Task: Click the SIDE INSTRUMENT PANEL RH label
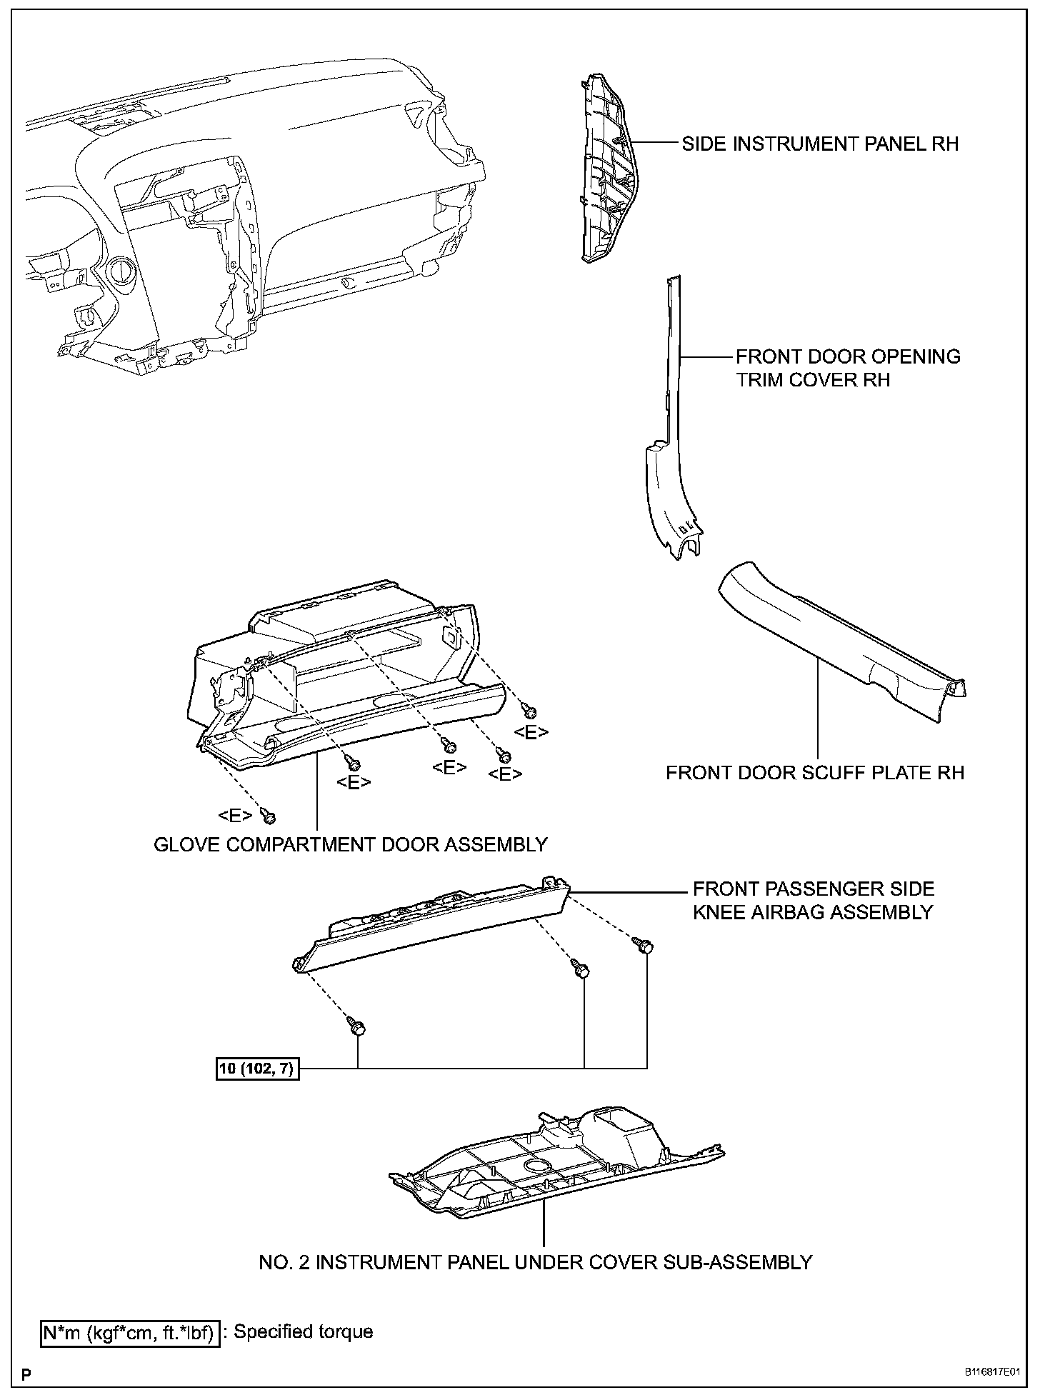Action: (819, 144)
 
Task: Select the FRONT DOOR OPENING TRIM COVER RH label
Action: (848, 368)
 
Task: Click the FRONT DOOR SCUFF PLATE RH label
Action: (814, 773)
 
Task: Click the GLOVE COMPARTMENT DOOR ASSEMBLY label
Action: (351, 844)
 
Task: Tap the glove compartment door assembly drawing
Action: (343, 686)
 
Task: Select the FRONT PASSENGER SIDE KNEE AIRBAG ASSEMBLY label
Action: (813, 900)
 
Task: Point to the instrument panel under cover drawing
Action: (557, 1171)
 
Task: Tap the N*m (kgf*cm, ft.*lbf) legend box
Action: (129, 1332)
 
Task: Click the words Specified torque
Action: (303, 1331)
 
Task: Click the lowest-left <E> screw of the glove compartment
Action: (269, 814)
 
